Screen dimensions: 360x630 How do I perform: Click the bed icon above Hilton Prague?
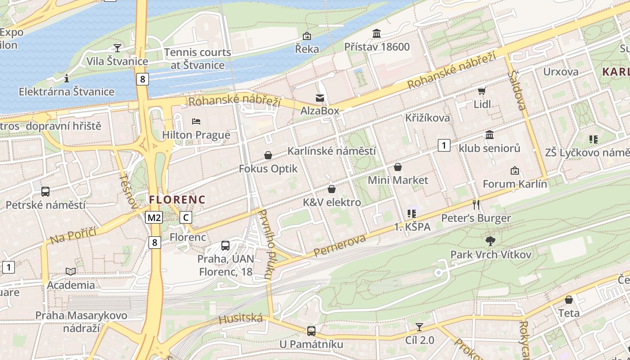point(196,121)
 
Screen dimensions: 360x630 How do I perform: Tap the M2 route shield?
point(154,218)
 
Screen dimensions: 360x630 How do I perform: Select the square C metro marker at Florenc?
point(185,218)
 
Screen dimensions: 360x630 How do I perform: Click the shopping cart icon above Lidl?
point(482,91)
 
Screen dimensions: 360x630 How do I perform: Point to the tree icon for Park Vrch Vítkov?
point(490,241)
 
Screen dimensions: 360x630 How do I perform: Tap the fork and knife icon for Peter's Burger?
point(476,205)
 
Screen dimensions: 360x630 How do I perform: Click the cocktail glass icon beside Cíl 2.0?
point(419,327)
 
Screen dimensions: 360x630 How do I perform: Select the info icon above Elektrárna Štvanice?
point(67,78)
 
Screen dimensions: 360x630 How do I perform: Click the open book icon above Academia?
point(71,271)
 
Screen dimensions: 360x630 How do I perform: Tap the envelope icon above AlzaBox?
point(319,98)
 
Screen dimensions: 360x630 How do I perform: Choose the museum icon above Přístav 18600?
point(377,33)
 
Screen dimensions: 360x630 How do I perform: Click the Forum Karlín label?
point(515,184)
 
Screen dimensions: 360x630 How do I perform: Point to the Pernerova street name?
point(340,246)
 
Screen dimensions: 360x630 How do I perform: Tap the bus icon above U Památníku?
point(311,331)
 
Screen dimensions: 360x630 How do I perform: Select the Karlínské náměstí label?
point(331,151)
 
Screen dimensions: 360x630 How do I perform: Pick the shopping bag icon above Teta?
point(569,300)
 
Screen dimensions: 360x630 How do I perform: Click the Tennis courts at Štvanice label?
point(198,58)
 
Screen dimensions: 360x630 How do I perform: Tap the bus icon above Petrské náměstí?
point(45,192)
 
